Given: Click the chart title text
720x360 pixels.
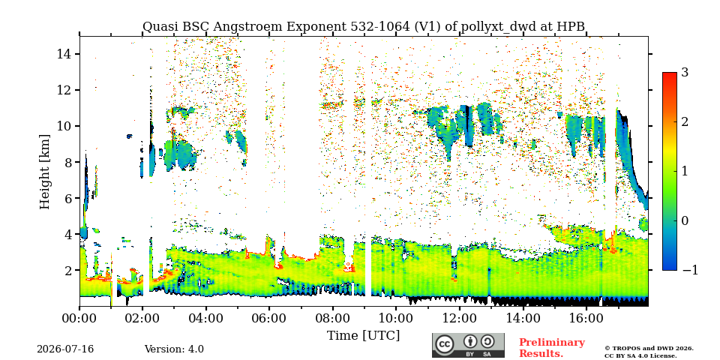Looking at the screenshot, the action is coord(363,27).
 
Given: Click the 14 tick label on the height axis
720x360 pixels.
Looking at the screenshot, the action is coord(64,54).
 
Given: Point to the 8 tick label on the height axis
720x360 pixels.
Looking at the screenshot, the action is coord(67,162).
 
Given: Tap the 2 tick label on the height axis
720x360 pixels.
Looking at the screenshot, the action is coord(67,270).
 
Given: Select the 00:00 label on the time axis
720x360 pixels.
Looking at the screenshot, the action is coord(79,318).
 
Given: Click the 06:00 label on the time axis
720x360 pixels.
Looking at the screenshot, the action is coord(268,318).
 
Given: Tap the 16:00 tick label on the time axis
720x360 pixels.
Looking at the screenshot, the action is coord(584,318).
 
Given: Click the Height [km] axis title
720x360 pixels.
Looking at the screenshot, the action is coord(44,172).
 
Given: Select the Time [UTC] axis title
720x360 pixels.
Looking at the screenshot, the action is coord(363,335).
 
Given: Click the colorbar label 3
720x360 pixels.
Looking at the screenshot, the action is coord(685,73).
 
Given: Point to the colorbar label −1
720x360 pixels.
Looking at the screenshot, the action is coord(690,270).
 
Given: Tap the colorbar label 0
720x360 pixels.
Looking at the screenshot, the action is coord(685,220).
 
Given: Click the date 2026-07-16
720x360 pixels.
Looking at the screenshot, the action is coord(65,349).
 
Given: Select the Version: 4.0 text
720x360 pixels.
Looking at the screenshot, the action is coord(174,349).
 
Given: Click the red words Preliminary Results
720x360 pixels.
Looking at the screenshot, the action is coord(552,348).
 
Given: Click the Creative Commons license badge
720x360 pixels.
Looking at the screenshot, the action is coord(468,345).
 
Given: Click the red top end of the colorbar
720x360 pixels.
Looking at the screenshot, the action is coord(670,74).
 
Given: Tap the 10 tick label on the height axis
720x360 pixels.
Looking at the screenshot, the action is coord(64,126).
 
